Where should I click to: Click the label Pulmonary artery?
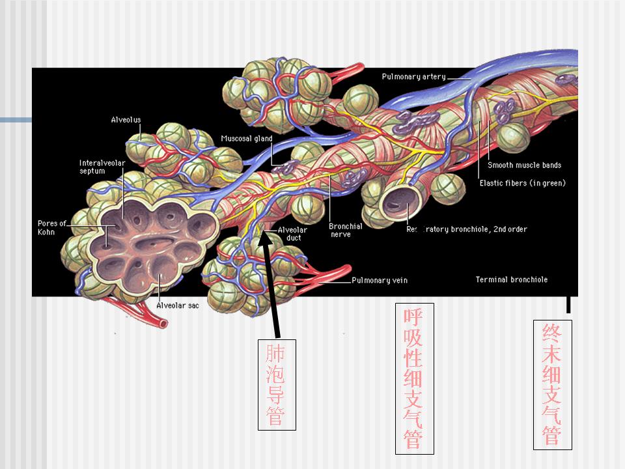click(413, 77)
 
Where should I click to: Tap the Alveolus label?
click(126, 120)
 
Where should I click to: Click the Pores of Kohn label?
click(52, 227)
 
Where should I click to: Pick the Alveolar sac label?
click(177, 305)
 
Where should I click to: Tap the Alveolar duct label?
click(292, 234)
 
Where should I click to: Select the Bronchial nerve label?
click(345, 230)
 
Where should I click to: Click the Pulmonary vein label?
click(380, 281)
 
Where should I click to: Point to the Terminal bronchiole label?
click(511, 280)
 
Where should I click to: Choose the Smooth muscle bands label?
click(524, 165)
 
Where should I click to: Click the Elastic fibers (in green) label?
click(522, 183)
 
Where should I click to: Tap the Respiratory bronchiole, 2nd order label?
click(467, 229)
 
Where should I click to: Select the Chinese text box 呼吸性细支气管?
click(415, 378)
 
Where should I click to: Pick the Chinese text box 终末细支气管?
click(553, 384)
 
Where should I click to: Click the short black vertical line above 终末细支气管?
click(568, 304)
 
